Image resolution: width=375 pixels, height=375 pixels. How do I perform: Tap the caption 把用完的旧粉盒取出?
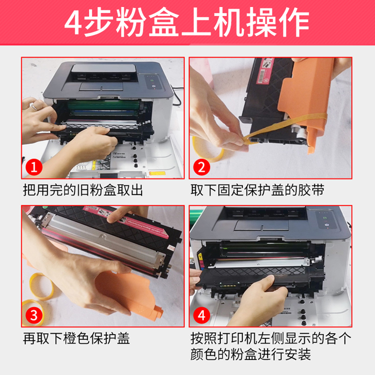83,190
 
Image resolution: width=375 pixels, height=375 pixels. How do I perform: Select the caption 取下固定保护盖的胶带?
257,190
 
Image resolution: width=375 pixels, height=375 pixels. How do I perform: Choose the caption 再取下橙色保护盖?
76,338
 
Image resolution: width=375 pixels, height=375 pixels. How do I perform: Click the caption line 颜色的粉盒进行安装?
251,354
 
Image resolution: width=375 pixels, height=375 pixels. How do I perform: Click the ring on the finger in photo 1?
34,107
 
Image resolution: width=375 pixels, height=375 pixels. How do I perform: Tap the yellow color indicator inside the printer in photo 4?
201,256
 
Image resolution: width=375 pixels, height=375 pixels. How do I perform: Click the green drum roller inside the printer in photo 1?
103,105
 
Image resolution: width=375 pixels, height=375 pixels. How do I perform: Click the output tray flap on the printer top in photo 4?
262,225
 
